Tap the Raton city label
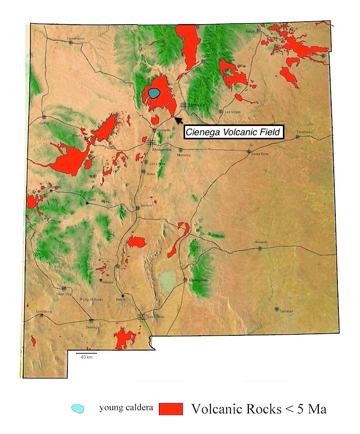(x=250, y=31)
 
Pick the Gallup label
(x=44, y=123)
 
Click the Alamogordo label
(x=197, y=279)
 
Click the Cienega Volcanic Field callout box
(x=233, y=132)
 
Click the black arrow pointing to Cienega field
(x=178, y=120)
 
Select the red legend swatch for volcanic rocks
(x=171, y=409)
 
